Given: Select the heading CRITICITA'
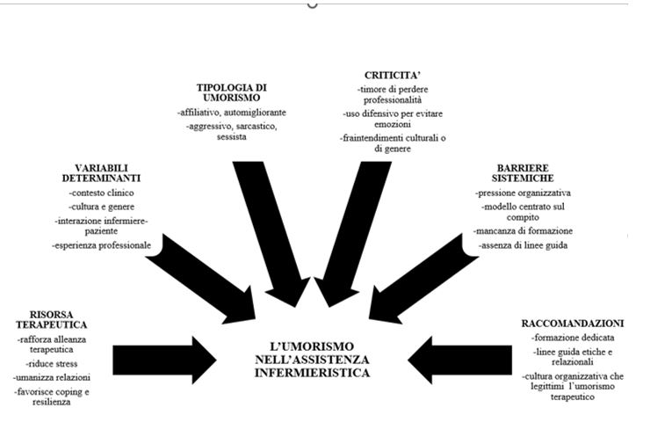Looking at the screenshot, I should point(391,76).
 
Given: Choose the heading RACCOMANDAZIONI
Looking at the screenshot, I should point(572,323).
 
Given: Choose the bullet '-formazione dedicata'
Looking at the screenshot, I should point(572,337).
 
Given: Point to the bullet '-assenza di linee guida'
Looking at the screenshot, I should point(525,244).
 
